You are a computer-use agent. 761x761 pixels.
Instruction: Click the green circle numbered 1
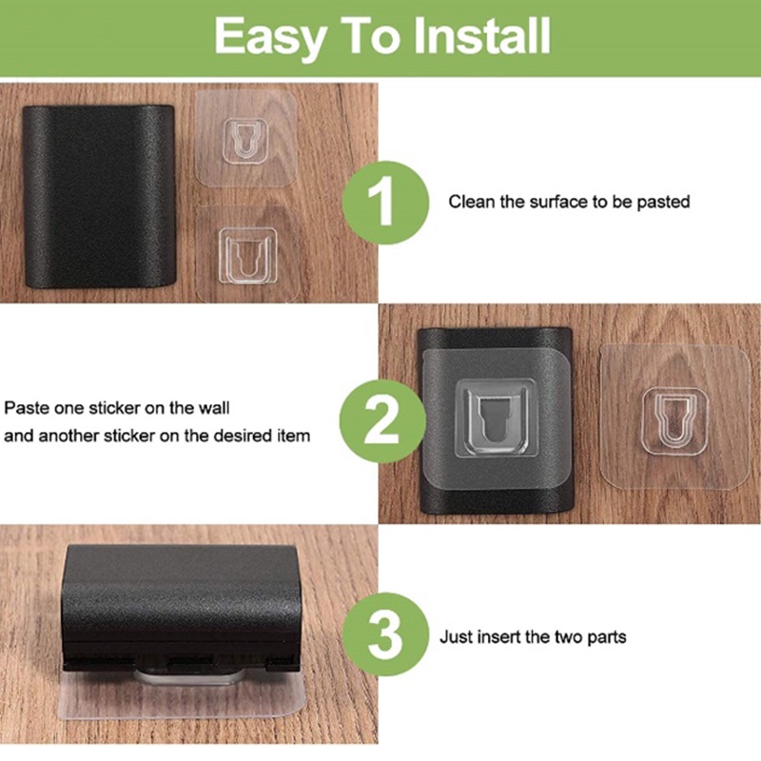click(386, 203)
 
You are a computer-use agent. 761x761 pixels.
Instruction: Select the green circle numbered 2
click(382, 420)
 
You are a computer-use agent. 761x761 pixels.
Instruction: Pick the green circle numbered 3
click(386, 634)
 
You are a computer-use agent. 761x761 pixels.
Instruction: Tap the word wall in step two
click(213, 408)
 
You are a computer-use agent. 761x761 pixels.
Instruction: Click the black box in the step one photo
click(99, 197)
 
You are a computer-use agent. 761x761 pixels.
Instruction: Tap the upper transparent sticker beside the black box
click(245, 139)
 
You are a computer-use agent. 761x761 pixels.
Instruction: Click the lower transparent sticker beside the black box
click(248, 253)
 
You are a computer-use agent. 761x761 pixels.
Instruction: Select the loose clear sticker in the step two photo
click(674, 418)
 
